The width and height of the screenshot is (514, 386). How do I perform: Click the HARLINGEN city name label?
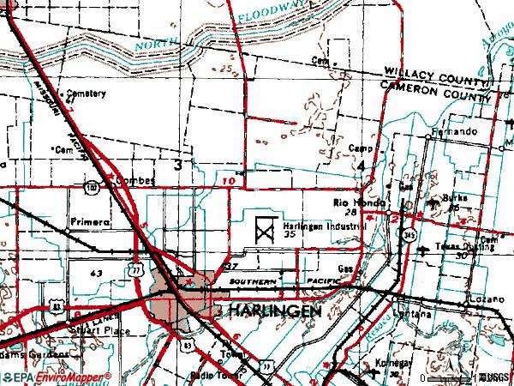coord(273,311)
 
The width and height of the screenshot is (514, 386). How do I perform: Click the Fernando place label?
coord(453,133)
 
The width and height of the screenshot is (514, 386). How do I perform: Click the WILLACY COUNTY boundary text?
coord(437,75)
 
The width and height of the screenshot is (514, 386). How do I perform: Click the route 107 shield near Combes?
coord(91,185)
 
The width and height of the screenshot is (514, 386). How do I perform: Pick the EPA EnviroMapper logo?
coord(57,377)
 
